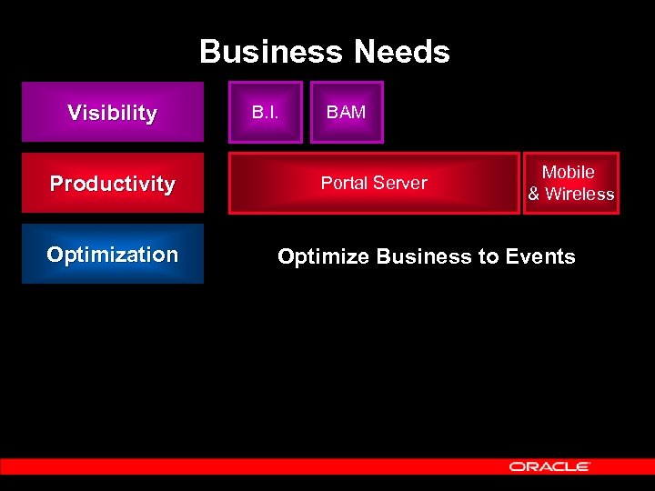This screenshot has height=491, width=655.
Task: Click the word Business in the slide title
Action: coord(272,52)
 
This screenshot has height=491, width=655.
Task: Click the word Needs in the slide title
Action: coord(402,52)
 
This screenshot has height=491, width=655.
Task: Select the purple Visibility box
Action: coord(113,113)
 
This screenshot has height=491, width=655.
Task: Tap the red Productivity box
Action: coord(113,184)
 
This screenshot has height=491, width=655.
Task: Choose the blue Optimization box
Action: coord(113,255)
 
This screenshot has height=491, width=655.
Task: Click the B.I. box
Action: coord(265,113)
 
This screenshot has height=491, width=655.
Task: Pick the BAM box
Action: coord(347,113)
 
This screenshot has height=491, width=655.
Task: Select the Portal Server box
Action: coord(374,183)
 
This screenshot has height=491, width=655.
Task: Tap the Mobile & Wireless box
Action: coord(570,183)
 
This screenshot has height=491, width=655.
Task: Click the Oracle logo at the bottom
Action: coord(549,466)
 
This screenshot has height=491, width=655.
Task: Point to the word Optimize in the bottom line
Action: coord(323,257)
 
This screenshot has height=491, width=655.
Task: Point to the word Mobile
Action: coord(569,172)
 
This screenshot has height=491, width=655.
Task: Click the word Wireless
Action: coord(579,194)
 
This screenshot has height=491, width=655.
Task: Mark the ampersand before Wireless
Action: coord(534,194)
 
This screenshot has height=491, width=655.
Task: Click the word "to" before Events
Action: coord(489,257)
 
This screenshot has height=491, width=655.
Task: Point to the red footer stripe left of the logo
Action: coord(246,466)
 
